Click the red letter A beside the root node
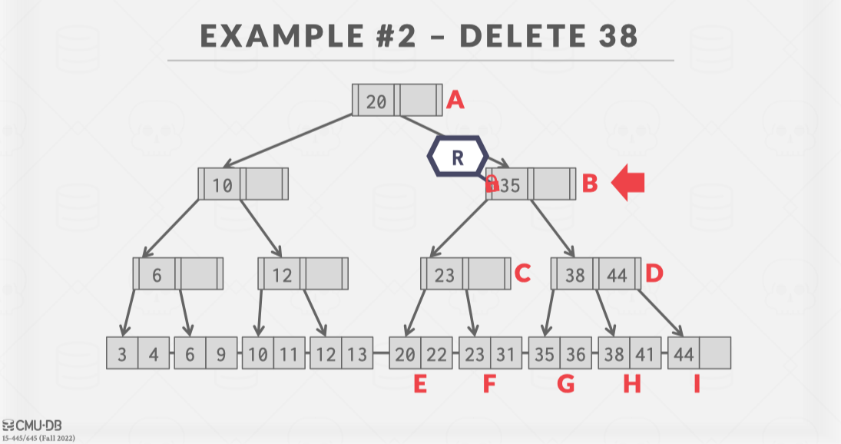(456, 101)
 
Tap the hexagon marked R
(458, 157)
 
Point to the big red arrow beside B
(627, 184)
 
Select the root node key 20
(376, 101)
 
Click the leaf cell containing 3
(123, 354)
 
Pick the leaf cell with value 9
(220, 354)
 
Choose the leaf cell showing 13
(357, 354)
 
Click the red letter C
(522, 273)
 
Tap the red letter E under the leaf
(420, 384)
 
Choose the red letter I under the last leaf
(697, 384)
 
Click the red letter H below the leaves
(631, 384)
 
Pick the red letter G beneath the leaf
(565, 384)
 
